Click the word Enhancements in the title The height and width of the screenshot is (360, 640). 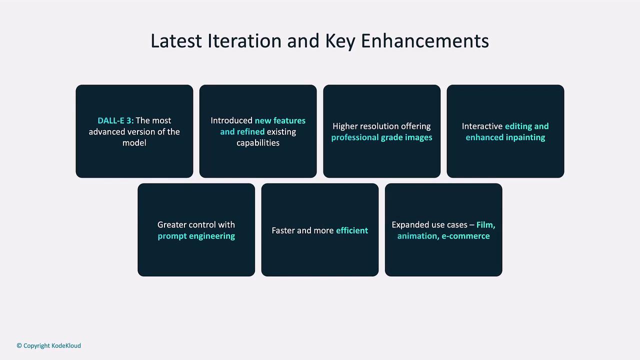click(425, 41)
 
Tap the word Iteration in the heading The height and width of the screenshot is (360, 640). click(244, 41)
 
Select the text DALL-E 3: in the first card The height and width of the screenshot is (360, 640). click(115, 120)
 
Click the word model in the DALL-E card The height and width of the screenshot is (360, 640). click(134, 143)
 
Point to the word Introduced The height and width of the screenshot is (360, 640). click(231, 120)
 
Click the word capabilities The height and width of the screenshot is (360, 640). click(258, 143)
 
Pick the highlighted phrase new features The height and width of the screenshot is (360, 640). click(280, 120)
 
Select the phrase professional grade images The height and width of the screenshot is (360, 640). click(381, 137)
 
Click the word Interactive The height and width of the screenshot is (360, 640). click(482, 126)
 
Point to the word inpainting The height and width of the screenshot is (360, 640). click(525, 137)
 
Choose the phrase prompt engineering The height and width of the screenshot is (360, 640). click(196, 236)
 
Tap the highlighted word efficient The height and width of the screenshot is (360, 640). click(352, 230)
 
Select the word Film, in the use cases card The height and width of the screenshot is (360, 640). click(485, 225)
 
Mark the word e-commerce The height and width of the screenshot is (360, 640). click(465, 236)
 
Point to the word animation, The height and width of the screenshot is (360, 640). click(418, 236)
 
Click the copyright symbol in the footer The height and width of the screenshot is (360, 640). click(19, 345)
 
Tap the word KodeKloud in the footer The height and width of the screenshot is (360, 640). click(66, 345)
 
